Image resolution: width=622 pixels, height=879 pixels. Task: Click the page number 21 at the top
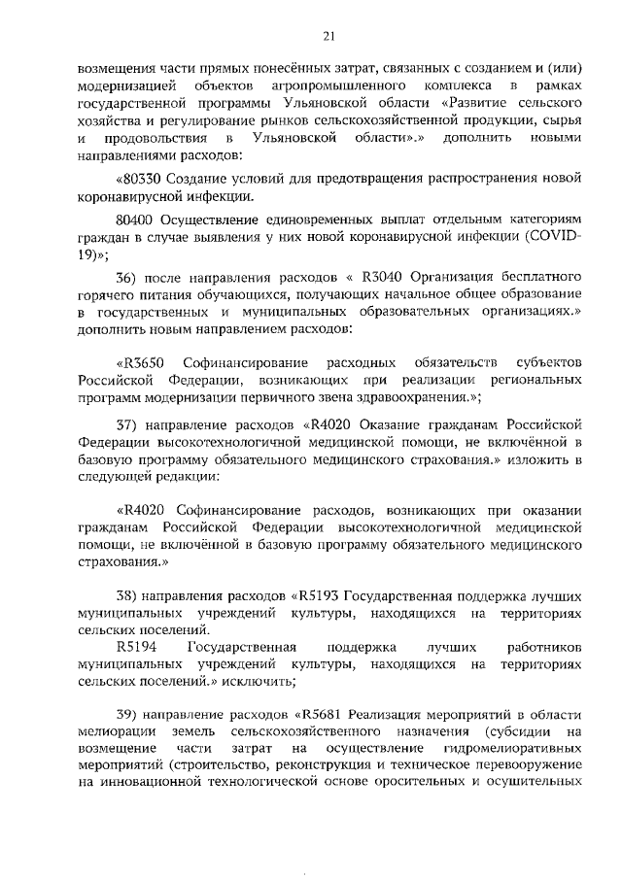tap(328, 36)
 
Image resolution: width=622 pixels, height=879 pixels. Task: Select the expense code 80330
tap(142, 179)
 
